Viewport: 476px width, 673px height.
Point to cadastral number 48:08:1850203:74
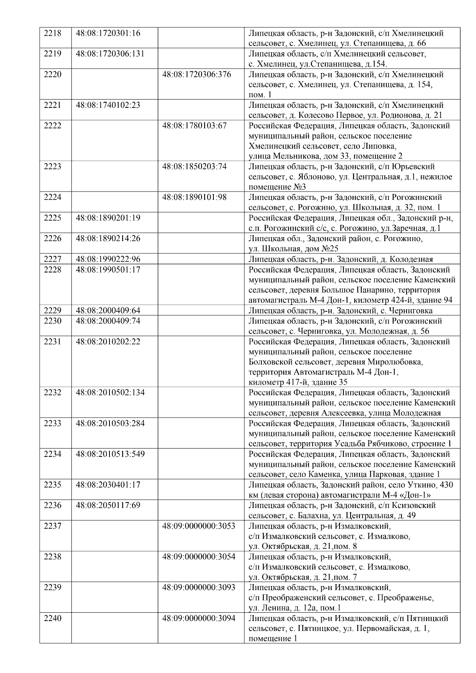194,167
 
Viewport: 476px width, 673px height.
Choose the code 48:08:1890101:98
194,197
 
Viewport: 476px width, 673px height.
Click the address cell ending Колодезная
340,259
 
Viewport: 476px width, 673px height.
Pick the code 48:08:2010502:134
110,393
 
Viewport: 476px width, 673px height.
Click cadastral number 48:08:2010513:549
110,454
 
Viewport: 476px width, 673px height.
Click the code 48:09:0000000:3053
199,526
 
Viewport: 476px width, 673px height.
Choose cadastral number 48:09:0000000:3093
199,587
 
